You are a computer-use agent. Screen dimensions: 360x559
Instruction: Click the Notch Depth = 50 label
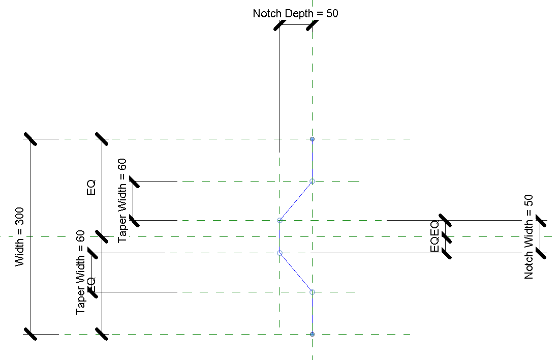[295, 13]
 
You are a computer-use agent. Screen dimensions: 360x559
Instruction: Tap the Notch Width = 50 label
[529, 237]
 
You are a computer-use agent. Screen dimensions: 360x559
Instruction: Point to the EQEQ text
[434, 236]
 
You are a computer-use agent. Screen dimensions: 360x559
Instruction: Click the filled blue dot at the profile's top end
[312, 139]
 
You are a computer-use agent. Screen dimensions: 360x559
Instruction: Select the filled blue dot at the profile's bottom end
[312, 334]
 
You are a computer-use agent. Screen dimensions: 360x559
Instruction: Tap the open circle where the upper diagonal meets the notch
[279, 221]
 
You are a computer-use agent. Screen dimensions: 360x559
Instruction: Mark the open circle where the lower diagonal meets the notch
[279, 253]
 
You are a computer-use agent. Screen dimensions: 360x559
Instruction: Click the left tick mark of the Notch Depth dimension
[279, 25]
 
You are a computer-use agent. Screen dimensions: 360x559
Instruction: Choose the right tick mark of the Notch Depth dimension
[312, 25]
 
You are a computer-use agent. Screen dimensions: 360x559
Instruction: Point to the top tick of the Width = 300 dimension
[30, 139]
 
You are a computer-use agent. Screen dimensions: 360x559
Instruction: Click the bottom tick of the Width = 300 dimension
[30, 334]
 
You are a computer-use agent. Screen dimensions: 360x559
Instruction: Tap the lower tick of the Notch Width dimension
[541, 253]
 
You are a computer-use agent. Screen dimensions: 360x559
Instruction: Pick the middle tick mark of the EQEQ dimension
[446, 236]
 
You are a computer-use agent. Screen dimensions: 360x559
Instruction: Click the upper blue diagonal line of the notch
[296, 201]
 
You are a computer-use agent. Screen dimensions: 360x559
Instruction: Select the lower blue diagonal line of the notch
[296, 272]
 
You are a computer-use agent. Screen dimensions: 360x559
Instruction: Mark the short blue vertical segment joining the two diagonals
[279, 236]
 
